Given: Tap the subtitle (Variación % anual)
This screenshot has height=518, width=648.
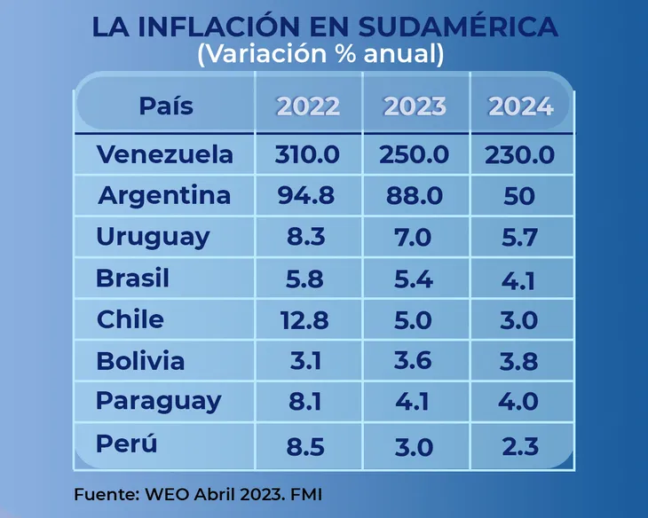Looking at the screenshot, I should tap(320, 54).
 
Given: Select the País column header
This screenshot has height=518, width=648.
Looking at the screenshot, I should tap(166, 106).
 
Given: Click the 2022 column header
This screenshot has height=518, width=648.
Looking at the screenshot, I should tap(308, 106).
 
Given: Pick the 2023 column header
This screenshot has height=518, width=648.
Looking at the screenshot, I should tap(415, 106).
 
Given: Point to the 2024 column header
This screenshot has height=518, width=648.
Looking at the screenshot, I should tap(521, 106).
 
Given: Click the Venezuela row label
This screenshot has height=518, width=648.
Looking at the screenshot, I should tap(165, 154).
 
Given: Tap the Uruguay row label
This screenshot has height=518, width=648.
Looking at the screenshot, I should tap(154, 237).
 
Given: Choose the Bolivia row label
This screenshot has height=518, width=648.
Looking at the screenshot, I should tap(141, 361).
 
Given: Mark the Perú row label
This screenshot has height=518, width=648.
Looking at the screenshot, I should tap(127, 443).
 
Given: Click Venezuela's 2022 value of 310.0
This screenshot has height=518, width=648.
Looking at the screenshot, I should tap(308, 154).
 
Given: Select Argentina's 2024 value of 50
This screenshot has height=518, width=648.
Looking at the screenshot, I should tap(519, 195).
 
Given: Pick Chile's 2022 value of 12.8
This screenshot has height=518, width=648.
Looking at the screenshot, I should tap(306, 319).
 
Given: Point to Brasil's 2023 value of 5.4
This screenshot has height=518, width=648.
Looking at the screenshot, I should tap(413, 279).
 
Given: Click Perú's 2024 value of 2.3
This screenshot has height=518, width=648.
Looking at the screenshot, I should tap(519, 443).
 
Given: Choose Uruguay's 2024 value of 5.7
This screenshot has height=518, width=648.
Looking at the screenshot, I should tap(519, 238).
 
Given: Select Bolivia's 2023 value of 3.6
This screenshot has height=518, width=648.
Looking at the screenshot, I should tap(413, 361).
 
